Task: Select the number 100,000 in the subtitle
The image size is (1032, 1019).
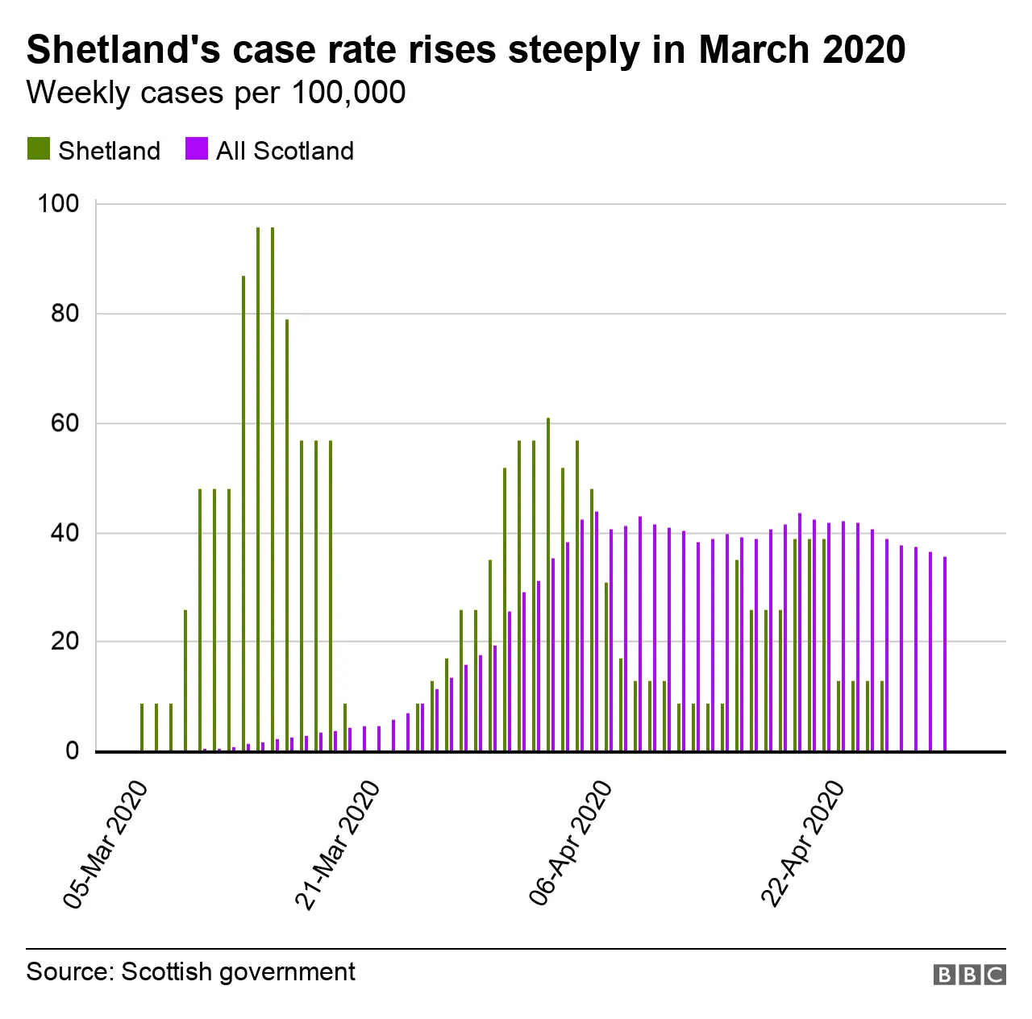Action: coord(348,93)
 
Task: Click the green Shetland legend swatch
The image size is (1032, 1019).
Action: coord(38,149)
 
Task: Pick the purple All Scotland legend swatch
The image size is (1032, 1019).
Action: coord(197,149)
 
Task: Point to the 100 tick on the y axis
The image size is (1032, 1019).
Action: coord(59,203)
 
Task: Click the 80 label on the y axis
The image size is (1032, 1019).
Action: coord(65,314)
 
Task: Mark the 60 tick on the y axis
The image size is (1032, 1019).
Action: coord(65,423)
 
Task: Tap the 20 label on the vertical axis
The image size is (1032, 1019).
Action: coord(65,642)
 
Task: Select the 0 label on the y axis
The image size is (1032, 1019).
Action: coord(73,751)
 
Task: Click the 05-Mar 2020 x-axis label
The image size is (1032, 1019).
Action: coord(106,845)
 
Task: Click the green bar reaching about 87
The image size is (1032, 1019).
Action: coord(243,514)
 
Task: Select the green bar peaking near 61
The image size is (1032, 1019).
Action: coord(548,584)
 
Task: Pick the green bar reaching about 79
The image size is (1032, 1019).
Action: coord(287,535)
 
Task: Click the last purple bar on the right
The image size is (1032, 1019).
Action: coord(945,654)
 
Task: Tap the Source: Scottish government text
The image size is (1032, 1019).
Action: coord(190,972)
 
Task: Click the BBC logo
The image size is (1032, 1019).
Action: coord(969,975)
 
